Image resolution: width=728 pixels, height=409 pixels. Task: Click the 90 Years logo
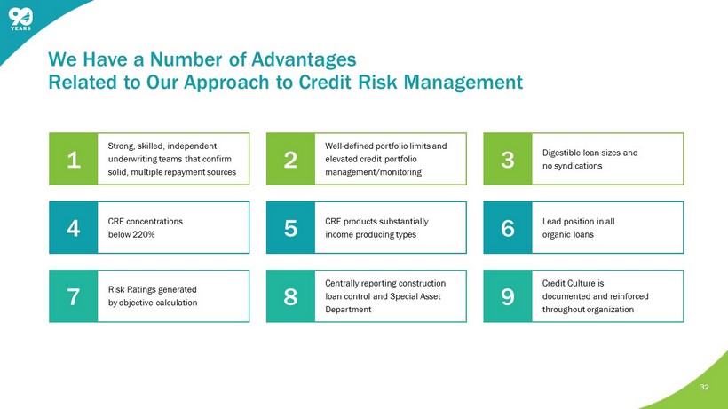(x=20, y=20)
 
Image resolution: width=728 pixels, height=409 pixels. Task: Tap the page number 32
(x=704, y=387)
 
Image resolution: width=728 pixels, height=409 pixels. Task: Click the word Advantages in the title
(x=304, y=59)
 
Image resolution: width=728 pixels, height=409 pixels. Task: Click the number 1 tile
(x=74, y=159)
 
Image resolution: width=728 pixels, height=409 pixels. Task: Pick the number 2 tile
(x=290, y=159)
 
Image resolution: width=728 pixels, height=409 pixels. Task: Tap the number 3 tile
(x=508, y=159)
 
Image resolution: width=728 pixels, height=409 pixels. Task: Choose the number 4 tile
(x=74, y=228)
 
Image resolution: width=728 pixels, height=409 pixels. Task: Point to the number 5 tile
(x=290, y=228)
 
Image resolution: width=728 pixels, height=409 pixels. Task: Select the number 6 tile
(x=508, y=228)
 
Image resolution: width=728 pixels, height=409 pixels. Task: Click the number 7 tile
(x=74, y=296)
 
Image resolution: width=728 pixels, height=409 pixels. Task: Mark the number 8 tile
(x=290, y=296)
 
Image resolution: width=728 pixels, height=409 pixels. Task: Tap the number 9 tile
(x=508, y=296)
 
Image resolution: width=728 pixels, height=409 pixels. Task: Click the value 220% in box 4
(x=144, y=234)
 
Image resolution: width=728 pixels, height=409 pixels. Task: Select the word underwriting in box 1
(x=132, y=159)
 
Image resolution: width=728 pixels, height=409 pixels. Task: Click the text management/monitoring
(x=373, y=172)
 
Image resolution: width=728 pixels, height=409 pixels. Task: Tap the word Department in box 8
(x=348, y=310)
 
